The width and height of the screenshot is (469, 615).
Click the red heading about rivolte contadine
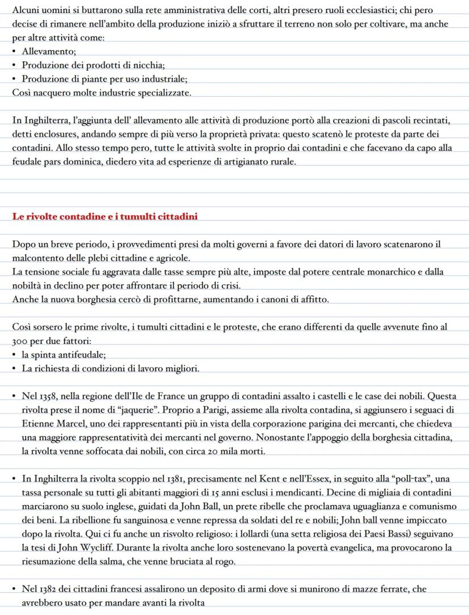[105, 216]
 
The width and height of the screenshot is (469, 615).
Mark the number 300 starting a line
[21, 341]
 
